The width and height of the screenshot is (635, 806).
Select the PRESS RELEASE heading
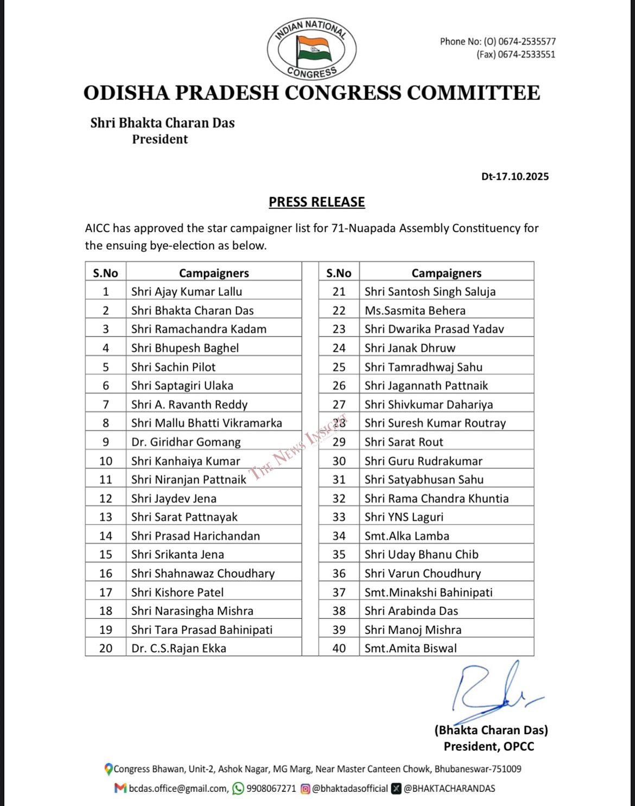[x=317, y=202]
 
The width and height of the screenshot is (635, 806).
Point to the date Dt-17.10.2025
[x=515, y=176]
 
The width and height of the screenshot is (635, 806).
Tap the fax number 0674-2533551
[x=526, y=54]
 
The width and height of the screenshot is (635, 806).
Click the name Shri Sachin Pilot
[x=173, y=367]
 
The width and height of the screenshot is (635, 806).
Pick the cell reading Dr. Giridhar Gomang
[x=186, y=442]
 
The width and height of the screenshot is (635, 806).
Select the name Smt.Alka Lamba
[x=407, y=536]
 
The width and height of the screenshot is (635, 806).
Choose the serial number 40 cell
[x=339, y=648]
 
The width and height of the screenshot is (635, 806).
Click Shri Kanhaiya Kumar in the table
[x=185, y=461]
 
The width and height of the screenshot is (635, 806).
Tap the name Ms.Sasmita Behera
[x=415, y=310]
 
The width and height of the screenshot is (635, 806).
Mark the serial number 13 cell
[x=106, y=517]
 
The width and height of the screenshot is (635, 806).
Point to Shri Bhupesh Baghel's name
[x=185, y=348]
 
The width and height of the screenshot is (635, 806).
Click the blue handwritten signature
[x=488, y=689]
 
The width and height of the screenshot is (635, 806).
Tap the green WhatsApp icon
[x=238, y=789]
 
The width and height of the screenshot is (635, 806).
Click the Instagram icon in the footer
[x=306, y=789]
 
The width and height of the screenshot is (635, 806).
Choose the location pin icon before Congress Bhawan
[x=109, y=769]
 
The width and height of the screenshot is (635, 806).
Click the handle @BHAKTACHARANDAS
[x=449, y=789]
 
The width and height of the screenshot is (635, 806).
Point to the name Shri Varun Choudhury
[x=422, y=573]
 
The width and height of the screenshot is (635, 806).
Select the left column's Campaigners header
[x=214, y=273]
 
